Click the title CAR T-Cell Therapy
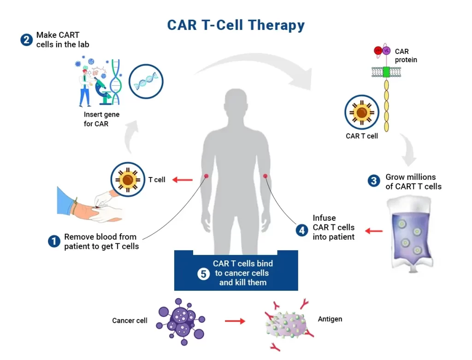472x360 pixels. (236, 24)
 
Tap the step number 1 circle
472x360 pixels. (54, 241)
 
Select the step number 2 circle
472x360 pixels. (27, 40)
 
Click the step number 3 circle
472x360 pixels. (374, 181)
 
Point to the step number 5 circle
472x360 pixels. (203, 273)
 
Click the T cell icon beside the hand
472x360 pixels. (128, 179)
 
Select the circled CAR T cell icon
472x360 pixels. (361, 112)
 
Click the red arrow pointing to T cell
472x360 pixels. (183, 180)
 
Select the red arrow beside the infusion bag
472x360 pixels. (374, 230)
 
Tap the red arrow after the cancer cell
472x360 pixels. (235, 321)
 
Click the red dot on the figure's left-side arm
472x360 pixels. (206, 176)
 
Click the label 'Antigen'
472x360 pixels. (330, 319)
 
